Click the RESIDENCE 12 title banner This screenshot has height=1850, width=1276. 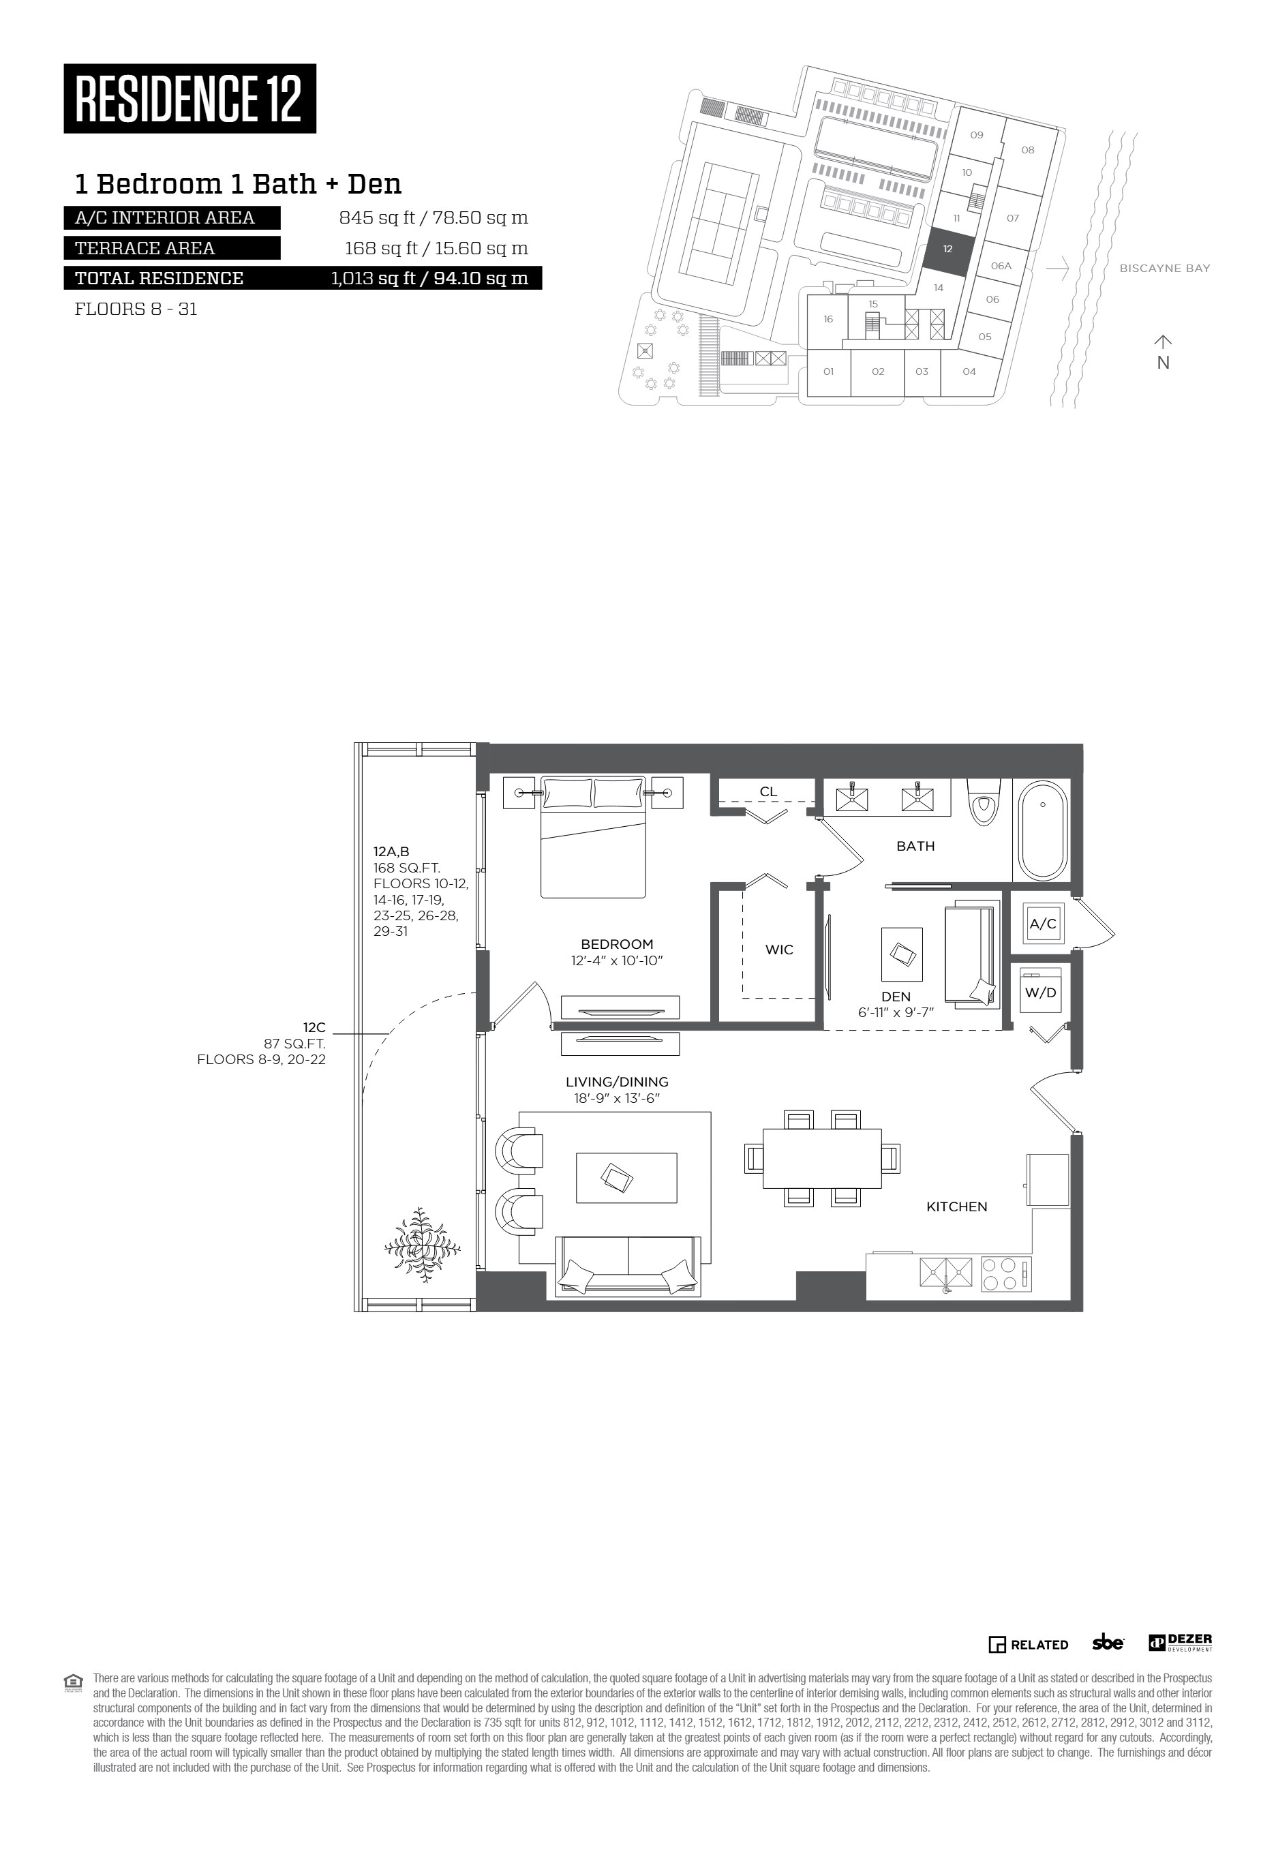189,98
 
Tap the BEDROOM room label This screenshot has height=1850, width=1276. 618,944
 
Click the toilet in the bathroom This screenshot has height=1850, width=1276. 983,804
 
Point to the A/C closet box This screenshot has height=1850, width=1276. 1043,924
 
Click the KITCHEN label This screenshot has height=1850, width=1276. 956,1207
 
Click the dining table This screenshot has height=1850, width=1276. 822,1157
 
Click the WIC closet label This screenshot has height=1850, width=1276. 778,950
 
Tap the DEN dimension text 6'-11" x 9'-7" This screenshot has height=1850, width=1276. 896,1012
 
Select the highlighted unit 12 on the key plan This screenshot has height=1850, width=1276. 949,249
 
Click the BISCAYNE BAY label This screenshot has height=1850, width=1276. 1165,269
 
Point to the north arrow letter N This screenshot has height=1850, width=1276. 1164,362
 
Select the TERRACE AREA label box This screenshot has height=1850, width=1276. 172,248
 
